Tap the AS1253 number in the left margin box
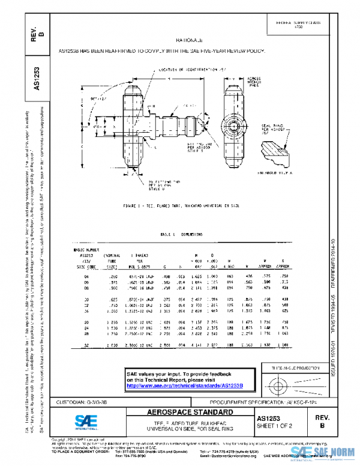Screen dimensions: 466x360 (37, 78)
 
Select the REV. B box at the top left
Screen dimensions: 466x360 (37, 33)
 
